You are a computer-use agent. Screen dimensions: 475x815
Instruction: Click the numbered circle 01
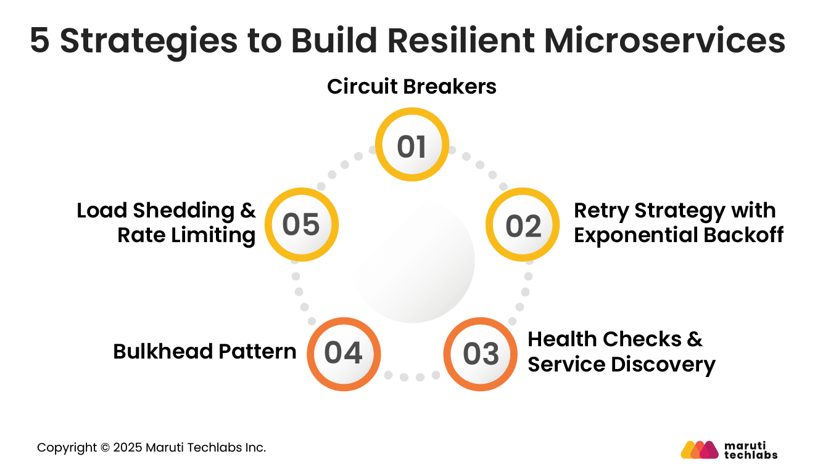412,145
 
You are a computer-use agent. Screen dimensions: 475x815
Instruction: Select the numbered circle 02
523,225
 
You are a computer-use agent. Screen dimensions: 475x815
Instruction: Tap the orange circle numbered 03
481,354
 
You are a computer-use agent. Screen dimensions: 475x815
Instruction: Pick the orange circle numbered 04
343,354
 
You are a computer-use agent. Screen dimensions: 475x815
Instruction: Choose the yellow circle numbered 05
301,224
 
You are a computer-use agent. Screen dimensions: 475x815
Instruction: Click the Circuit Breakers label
412,87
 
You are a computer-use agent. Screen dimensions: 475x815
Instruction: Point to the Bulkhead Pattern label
205,352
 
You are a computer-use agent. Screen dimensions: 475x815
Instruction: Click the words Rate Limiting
186,235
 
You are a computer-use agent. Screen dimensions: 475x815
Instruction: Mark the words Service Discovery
621,364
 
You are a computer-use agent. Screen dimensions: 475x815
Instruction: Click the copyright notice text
151,448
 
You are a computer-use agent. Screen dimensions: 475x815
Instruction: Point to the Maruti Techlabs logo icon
700,450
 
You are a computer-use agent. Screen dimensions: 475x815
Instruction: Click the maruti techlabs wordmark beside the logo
750,450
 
